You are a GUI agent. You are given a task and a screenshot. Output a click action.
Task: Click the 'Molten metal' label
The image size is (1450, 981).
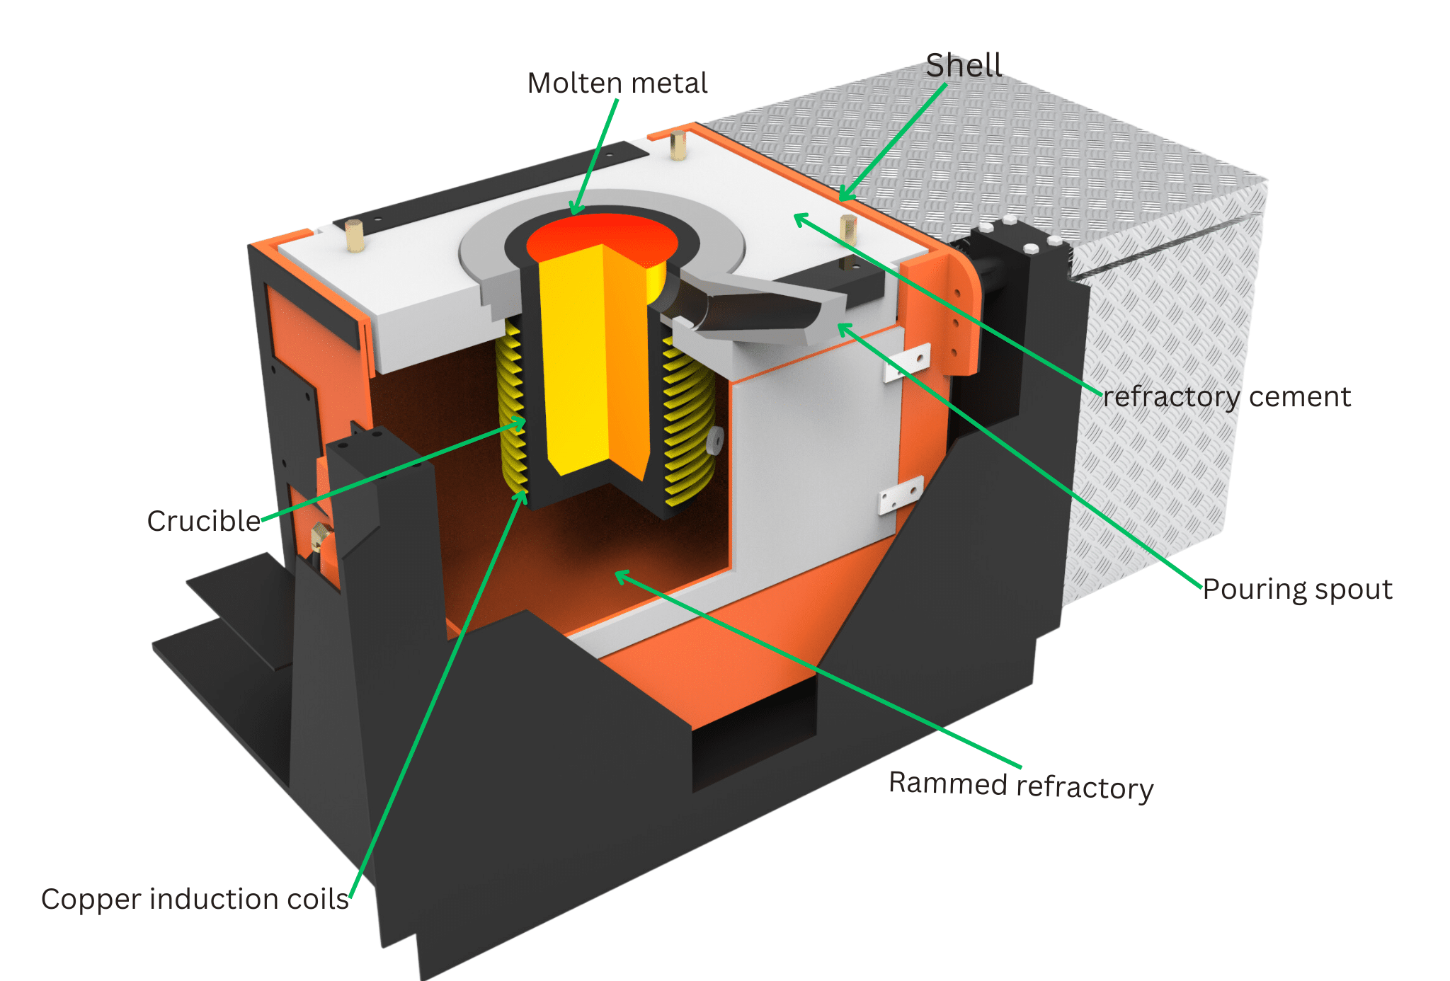617,84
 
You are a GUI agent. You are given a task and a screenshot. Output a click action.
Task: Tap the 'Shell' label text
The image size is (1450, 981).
963,66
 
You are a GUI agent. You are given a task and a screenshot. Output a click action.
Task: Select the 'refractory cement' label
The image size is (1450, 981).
1226,397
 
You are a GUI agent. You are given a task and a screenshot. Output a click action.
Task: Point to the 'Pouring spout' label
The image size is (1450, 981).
1297,590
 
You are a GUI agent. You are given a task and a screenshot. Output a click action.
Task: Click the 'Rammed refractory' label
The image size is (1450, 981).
1021,786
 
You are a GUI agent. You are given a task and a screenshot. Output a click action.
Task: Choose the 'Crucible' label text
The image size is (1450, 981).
204,521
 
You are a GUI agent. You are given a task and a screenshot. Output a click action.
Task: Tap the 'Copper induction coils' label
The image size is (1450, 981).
195,899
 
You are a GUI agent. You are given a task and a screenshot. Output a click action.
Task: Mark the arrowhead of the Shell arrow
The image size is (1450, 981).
842,197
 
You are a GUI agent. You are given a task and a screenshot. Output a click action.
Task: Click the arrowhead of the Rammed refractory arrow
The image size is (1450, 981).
617,575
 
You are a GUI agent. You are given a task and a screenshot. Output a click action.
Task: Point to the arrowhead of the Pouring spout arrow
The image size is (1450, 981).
841,328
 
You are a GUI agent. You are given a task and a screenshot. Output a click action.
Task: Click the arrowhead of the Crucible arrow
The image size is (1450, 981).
523,423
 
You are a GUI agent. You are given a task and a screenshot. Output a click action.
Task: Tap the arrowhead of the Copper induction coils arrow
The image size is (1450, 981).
524,492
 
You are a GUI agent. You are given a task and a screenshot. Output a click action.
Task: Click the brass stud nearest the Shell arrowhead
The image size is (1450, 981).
848,228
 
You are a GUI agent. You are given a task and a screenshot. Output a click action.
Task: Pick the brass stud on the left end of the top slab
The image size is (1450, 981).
354,236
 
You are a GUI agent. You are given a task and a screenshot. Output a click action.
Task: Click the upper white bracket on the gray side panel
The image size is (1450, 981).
907,362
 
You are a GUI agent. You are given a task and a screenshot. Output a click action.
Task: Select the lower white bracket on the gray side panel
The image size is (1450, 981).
901,495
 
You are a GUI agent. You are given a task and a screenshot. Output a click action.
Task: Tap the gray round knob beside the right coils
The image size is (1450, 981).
715,440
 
